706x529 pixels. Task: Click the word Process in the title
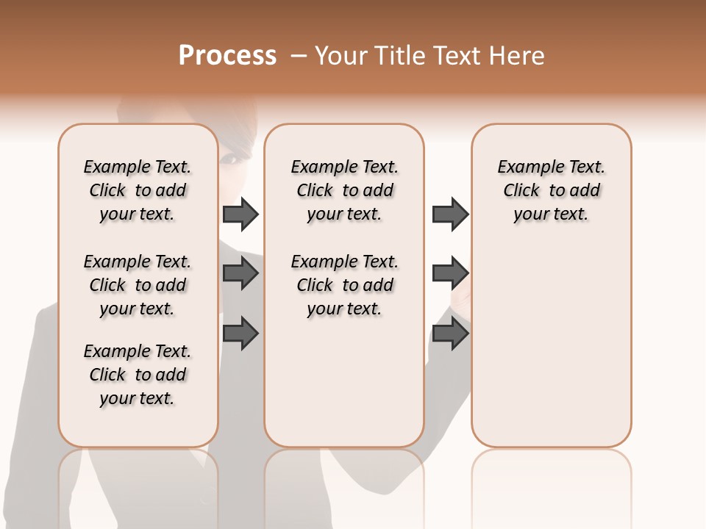227,56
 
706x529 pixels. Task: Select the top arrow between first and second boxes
240,214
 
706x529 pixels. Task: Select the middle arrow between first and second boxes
240,273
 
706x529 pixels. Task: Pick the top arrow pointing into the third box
450,214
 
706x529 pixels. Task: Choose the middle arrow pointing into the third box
450,273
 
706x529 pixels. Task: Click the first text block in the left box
138,190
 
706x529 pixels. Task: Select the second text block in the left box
138,285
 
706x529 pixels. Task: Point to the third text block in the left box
138,375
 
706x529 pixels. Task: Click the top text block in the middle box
344,190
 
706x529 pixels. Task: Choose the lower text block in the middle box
344,285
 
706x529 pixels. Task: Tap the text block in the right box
551,190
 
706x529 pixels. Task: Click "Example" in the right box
527,168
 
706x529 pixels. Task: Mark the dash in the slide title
299,56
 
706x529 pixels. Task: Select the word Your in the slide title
340,56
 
